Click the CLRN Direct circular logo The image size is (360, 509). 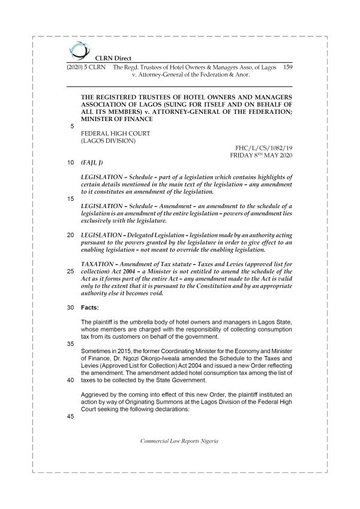tap(77, 50)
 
